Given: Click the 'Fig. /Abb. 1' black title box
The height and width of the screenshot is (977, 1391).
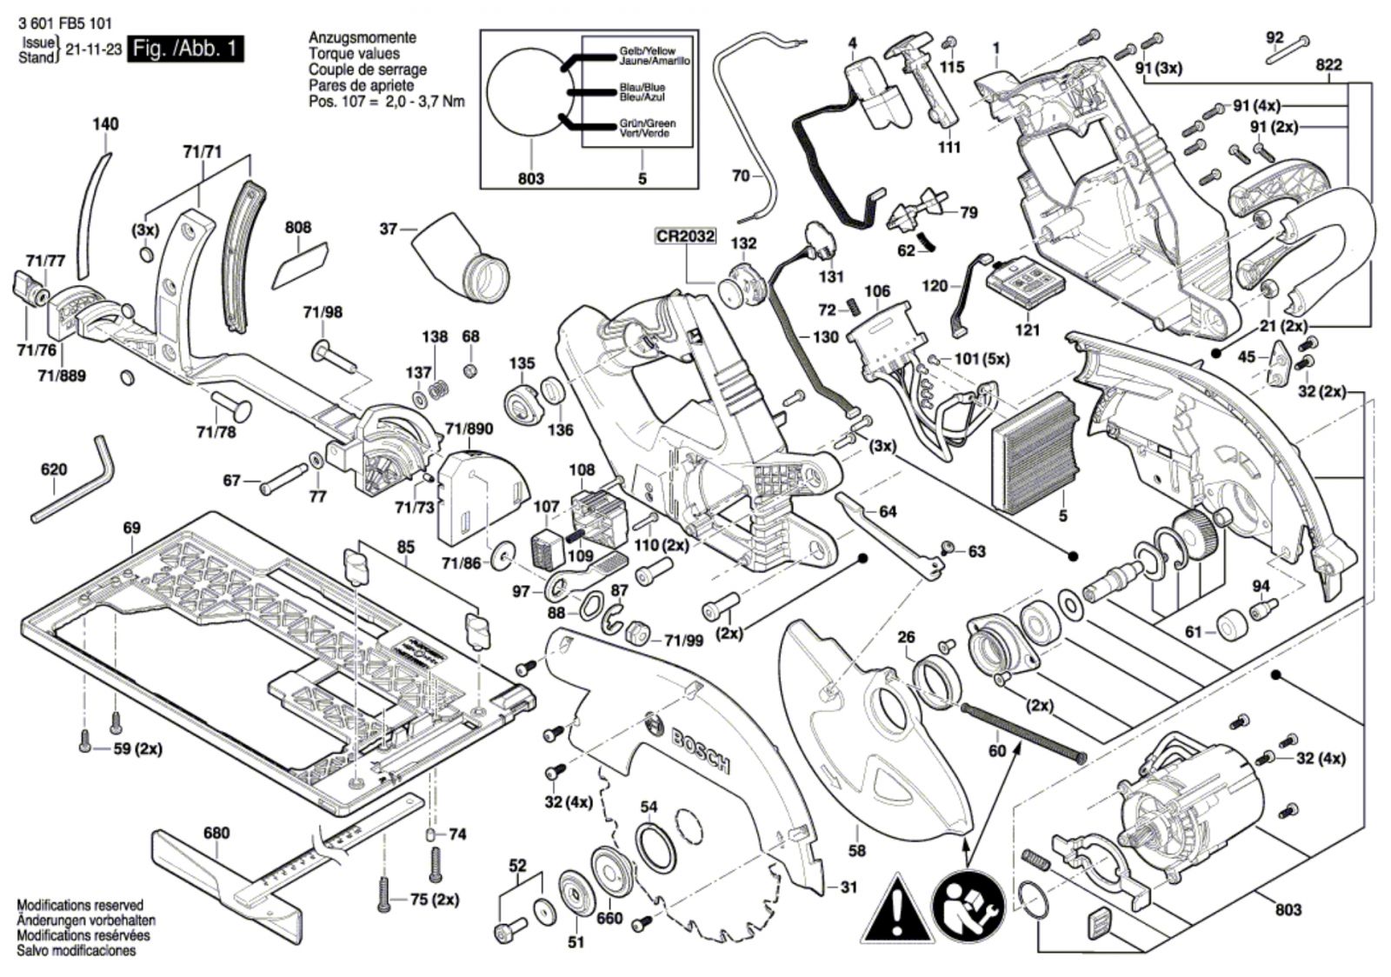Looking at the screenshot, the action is tap(185, 49).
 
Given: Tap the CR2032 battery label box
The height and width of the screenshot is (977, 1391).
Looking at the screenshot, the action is tap(686, 236).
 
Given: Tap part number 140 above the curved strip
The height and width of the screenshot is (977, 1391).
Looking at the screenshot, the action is tap(105, 124).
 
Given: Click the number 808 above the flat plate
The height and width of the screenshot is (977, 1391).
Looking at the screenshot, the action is tap(298, 227).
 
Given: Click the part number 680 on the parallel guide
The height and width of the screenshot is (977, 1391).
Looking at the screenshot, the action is tap(216, 833).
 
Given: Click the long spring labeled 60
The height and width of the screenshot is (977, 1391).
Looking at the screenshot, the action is tap(1023, 733).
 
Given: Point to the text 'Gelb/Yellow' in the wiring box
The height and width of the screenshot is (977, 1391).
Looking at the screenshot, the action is tap(647, 51).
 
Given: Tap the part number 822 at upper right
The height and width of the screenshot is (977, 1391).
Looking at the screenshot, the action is tap(1328, 65).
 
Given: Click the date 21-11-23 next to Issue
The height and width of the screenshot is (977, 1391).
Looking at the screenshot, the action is tap(93, 50).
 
